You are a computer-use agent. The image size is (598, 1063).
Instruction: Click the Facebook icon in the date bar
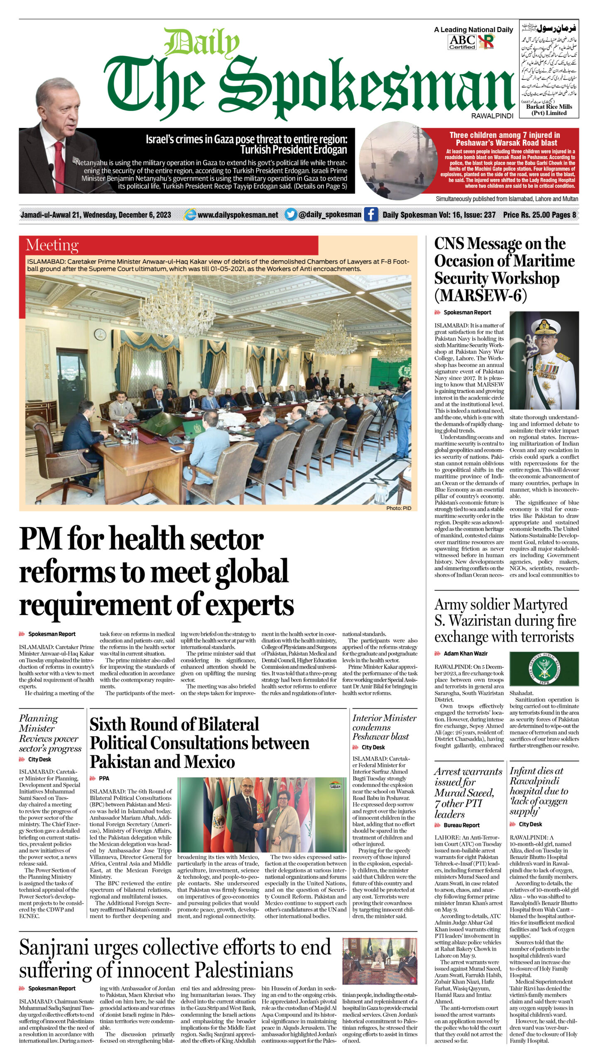371,215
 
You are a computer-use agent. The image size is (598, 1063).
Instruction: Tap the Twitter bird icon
291,215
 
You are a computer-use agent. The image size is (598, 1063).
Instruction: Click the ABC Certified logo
462,42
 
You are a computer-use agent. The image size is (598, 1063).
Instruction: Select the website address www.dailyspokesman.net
238,215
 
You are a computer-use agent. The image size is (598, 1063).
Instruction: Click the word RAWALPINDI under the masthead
492,116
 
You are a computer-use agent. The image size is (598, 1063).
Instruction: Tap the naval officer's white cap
545,327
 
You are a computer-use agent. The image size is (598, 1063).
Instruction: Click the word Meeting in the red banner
52,245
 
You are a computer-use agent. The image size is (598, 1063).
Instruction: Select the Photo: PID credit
398,508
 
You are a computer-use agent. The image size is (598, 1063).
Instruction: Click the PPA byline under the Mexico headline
104,778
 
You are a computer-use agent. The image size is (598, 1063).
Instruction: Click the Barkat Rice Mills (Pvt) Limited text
549,110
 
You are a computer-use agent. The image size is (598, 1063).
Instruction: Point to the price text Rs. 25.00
527,215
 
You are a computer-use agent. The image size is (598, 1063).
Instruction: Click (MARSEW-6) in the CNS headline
480,295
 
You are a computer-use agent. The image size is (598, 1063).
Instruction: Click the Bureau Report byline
461,825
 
